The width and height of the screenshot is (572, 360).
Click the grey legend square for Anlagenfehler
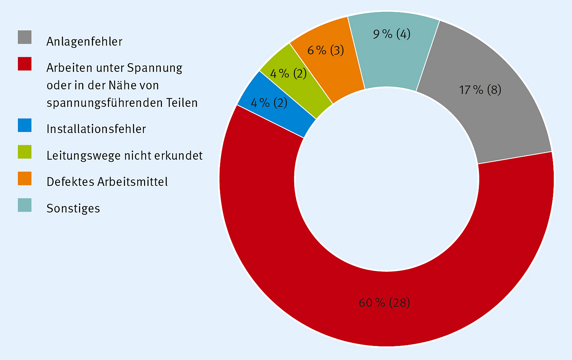(x=25, y=37)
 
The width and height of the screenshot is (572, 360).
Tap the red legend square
(x=25, y=64)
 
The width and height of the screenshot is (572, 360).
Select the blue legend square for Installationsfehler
(x=25, y=125)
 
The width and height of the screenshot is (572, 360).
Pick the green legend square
(x=25, y=152)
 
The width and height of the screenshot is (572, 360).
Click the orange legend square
(x=25, y=178)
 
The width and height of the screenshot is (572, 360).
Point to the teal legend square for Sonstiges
(x=25, y=205)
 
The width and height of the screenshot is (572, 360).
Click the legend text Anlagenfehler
(x=84, y=42)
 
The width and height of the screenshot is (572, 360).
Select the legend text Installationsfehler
(x=96, y=129)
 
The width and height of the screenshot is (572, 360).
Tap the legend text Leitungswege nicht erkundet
(x=124, y=156)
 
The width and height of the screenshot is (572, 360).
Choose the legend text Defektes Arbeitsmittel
(x=107, y=182)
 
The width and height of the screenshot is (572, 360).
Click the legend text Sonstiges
(x=73, y=208)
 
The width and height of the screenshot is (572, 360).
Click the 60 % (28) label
(x=384, y=303)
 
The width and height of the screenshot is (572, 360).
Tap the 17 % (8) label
(x=480, y=89)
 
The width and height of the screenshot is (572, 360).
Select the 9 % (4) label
(x=391, y=34)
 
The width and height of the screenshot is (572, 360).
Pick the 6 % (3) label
(x=326, y=50)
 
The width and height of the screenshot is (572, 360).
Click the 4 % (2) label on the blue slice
(x=269, y=103)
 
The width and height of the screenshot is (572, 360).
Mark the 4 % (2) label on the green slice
(x=289, y=74)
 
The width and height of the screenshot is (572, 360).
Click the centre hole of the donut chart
(x=386, y=179)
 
